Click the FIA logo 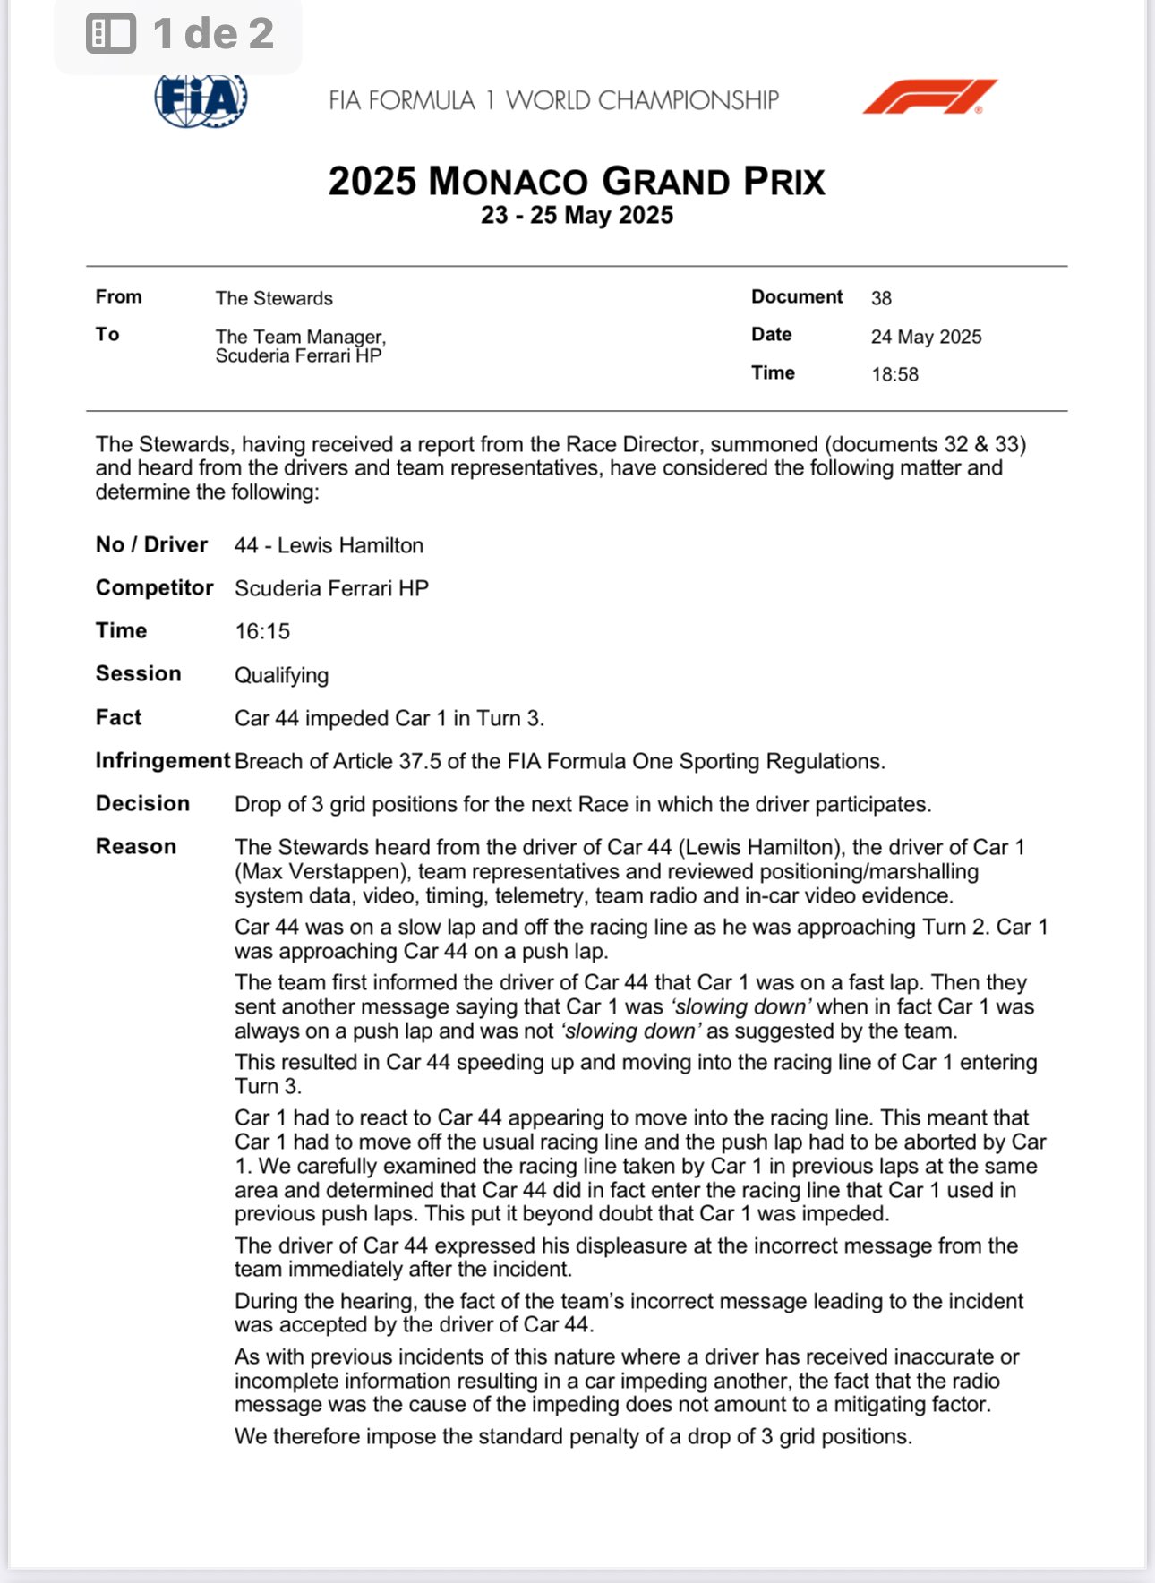click(201, 99)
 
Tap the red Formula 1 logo click(929, 97)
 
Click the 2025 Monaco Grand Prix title click(576, 181)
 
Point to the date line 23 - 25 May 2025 click(577, 216)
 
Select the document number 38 click(881, 298)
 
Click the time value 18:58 click(894, 374)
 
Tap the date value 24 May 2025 click(926, 337)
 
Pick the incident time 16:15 click(262, 631)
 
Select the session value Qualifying click(281, 675)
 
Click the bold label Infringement click(163, 760)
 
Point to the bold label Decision click(142, 803)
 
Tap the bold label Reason click(136, 846)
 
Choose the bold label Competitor click(154, 587)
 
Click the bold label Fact click(118, 717)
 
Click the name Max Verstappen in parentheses click(322, 871)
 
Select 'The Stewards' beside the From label click(274, 298)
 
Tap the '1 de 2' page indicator click(213, 34)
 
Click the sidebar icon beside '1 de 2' click(111, 34)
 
